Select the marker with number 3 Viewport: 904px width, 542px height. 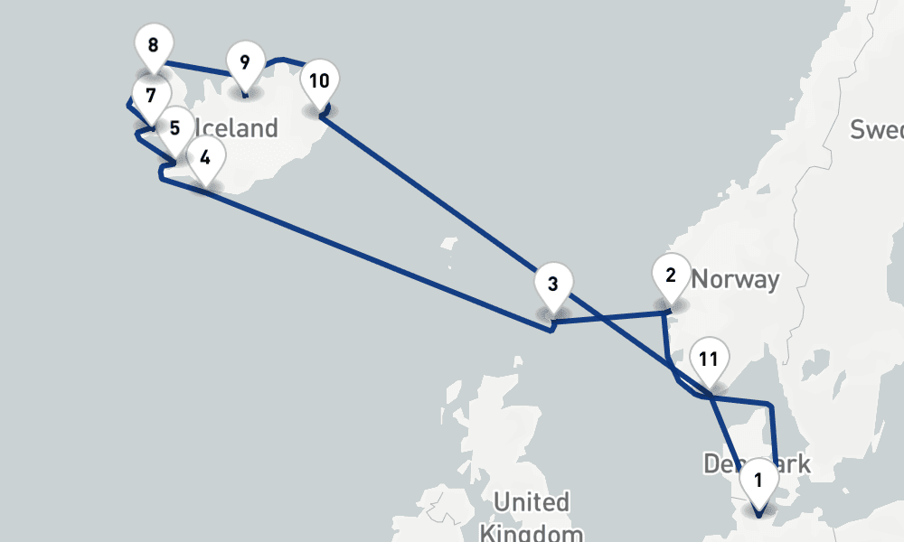553,284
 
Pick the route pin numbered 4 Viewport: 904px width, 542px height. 205,157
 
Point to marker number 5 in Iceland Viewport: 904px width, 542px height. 174,128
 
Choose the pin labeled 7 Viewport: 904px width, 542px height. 150,96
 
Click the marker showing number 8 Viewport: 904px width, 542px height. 153,45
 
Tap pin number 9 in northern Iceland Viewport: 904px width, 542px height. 244,62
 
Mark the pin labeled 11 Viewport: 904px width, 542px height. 709,360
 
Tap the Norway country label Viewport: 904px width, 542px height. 735,279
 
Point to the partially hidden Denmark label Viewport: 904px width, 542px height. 723,464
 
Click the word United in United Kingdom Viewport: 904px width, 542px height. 532,501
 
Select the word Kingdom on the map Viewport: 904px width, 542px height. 532,531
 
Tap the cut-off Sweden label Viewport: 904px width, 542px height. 877,129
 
